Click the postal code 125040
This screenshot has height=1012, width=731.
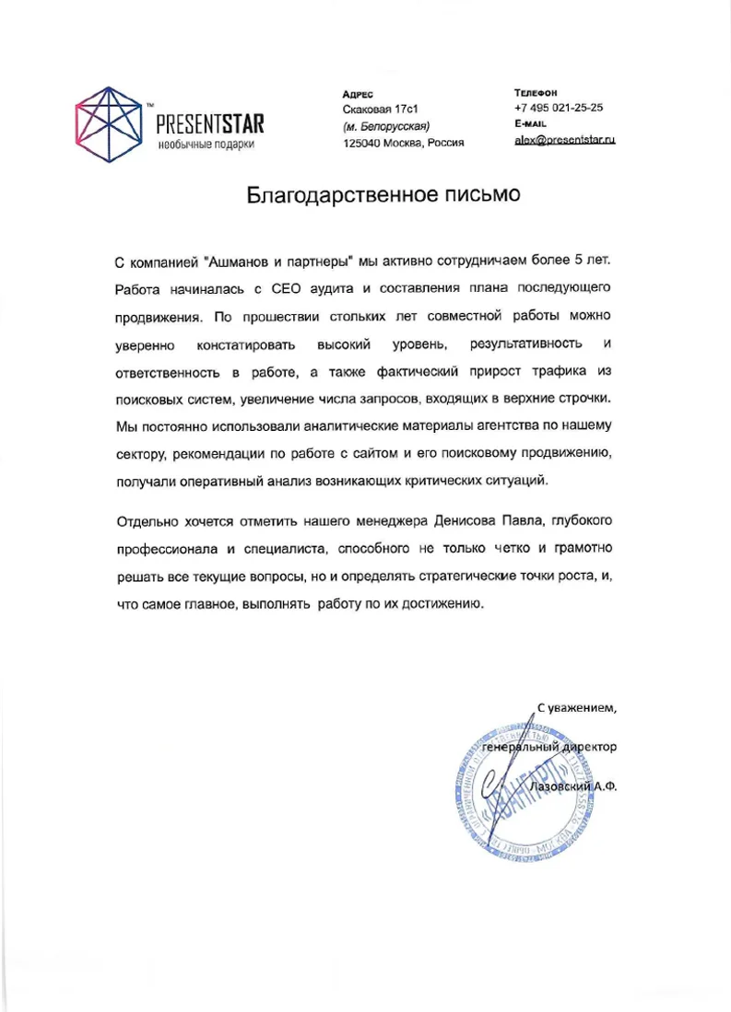click(363, 143)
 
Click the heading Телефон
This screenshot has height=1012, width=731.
click(536, 92)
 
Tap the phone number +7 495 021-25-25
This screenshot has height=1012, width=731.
click(559, 108)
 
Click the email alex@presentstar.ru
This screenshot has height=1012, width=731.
click(564, 140)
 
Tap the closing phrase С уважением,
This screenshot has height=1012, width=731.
click(575, 707)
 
